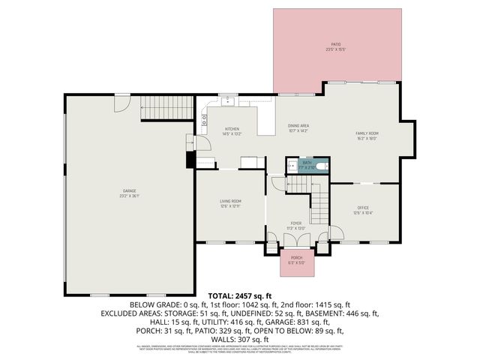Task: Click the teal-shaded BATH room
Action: [x=307, y=165]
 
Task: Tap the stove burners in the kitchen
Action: [x=204, y=117]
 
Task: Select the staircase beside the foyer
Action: [x=321, y=202]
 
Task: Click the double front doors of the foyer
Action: [x=296, y=240]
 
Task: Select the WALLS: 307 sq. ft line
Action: [x=240, y=339]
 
